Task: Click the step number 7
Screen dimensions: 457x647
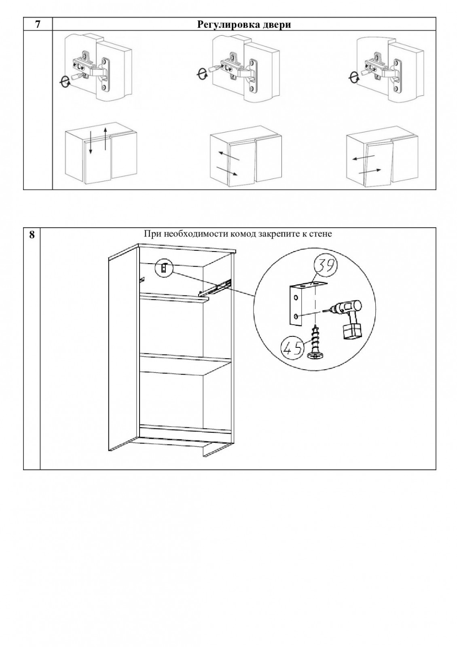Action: click(38, 24)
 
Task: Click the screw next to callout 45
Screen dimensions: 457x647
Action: click(315, 344)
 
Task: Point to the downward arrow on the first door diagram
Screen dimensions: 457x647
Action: click(91, 142)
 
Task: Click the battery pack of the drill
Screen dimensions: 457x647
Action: click(351, 332)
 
